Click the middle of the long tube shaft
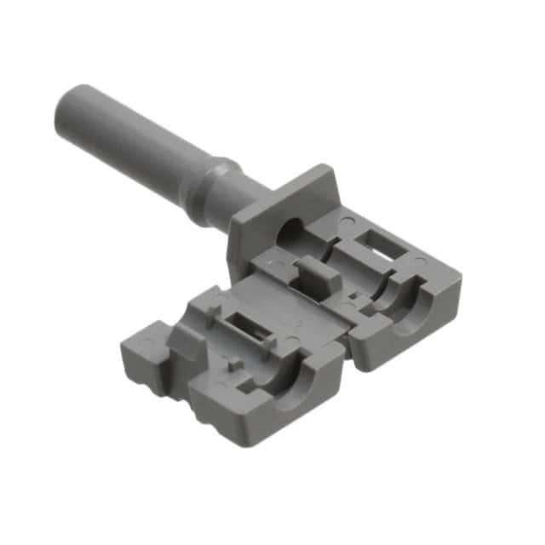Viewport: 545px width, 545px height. click(x=136, y=136)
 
